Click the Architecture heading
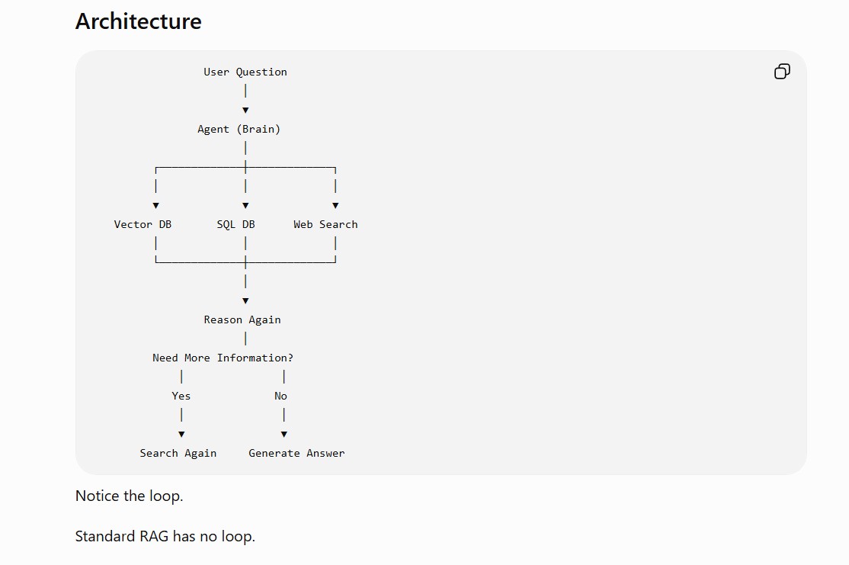[x=138, y=21]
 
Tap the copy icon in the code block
[x=782, y=72]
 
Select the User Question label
[x=245, y=72]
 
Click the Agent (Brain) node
[x=239, y=129]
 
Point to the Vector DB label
[x=143, y=224]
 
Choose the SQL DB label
[x=235, y=224]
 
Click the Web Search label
[x=325, y=224]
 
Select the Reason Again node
[x=242, y=319]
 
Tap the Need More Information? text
[x=223, y=358]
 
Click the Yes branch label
[x=181, y=396]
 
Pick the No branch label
[x=280, y=396]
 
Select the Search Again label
[x=178, y=453]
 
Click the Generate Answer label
[x=296, y=453]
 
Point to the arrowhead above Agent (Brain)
[x=245, y=110]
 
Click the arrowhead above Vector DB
[x=156, y=205]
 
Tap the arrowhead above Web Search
[x=335, y=205]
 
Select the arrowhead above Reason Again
[x=245, y=300]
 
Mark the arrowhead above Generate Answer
[x=284, y=434]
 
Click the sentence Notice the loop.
[x=130, y=496]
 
